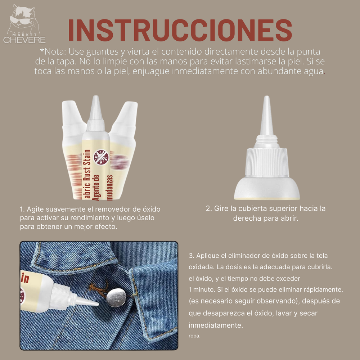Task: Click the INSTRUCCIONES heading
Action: (x=180, y=30)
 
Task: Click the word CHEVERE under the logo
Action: (x=24, y=40)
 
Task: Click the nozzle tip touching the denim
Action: (x=94, y=304)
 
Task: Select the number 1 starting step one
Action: (x=22, y=209)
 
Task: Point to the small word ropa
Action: (x=194, y=336)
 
